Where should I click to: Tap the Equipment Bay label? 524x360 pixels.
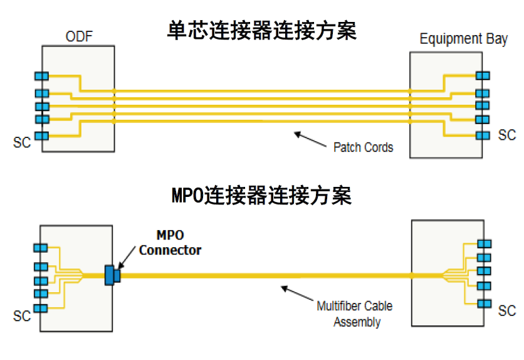click(463, 39)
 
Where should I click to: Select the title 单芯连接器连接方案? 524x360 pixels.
click(262, 29)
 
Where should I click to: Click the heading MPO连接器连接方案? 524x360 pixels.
click(261, 195)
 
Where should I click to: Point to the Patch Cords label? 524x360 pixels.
click(363, 147)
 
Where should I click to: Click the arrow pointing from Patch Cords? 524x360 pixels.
click(310, 139)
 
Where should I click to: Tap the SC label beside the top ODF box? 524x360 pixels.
click(22, 142)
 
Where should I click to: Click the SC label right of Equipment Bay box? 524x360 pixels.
click(507, 135)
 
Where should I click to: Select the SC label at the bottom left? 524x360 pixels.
click(22, 316)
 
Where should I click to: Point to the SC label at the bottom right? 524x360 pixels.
click(507, 311)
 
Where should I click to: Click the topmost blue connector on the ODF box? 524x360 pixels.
click(41, 76)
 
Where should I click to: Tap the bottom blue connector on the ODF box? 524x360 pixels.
click(41, 135)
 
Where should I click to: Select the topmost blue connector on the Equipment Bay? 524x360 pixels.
click(482, 75)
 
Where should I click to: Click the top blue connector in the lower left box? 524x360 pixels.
click(41, 249)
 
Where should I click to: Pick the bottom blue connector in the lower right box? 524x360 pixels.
click(483, 304)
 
